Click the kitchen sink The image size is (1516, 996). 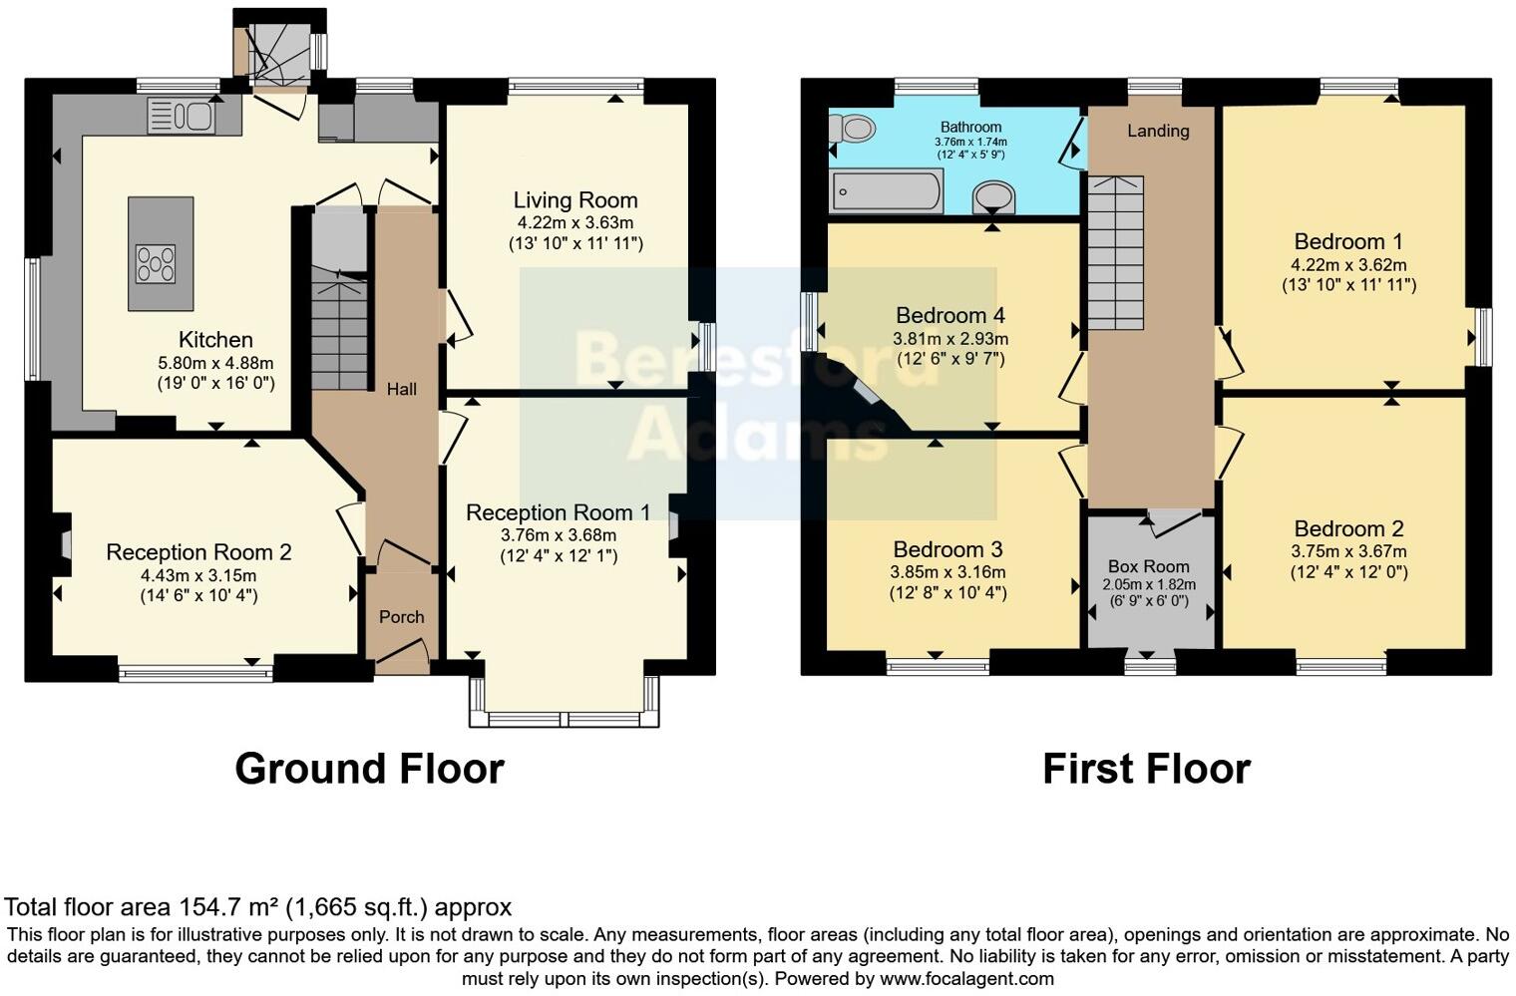pos(181,116)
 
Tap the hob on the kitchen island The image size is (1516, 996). pos(156,264)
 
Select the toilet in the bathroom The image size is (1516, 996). pos(854,128)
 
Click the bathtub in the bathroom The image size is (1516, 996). pos(886,190)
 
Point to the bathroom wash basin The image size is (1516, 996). pos(993,197)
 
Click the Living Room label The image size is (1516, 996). pos(575,200)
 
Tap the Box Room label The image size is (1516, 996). pos(1149,566)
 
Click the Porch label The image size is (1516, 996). pos(402,617)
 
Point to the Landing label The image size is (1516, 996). pos(1158,131)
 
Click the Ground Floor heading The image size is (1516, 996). pos(369,769)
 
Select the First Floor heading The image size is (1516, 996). pos(1146,769)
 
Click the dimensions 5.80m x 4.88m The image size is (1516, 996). pos(215,363)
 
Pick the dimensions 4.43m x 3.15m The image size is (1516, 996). pos(198,575)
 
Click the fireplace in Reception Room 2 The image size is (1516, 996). pos(65,544)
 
